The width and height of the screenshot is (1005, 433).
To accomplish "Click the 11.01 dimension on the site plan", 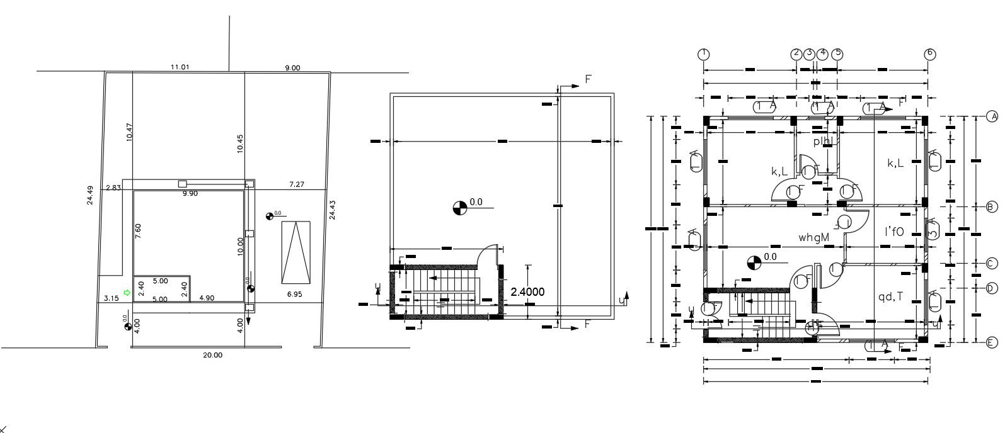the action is (180, 67).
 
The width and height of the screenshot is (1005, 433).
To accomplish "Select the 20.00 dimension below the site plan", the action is (212, 355).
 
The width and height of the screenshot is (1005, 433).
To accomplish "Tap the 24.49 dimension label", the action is (91, 194).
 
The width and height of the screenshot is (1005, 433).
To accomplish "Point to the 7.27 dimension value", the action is (296, 184).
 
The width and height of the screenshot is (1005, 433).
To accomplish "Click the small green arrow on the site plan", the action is (127, 292).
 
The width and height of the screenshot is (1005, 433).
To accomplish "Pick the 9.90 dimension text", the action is (190, 194).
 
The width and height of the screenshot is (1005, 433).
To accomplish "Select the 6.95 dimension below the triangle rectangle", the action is (295, 295).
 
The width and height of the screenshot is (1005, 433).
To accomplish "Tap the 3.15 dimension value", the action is (112, 298).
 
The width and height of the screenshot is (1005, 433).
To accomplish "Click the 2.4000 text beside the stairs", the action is (527, 292).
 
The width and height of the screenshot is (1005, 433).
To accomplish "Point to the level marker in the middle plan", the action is (460, 207).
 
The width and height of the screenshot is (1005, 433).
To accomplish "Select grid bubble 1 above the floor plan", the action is (704, 53).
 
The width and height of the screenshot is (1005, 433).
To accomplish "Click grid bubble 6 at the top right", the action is (930, 53).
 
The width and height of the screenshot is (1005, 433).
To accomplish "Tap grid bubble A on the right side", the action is (992, 116).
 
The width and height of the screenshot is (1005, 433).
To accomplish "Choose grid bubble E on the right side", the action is (992, 342).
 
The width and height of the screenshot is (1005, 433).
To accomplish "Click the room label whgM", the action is (813, 238).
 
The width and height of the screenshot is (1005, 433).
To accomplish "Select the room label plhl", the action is (824, 142).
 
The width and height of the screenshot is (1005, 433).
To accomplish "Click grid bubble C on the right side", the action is (992, 264).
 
